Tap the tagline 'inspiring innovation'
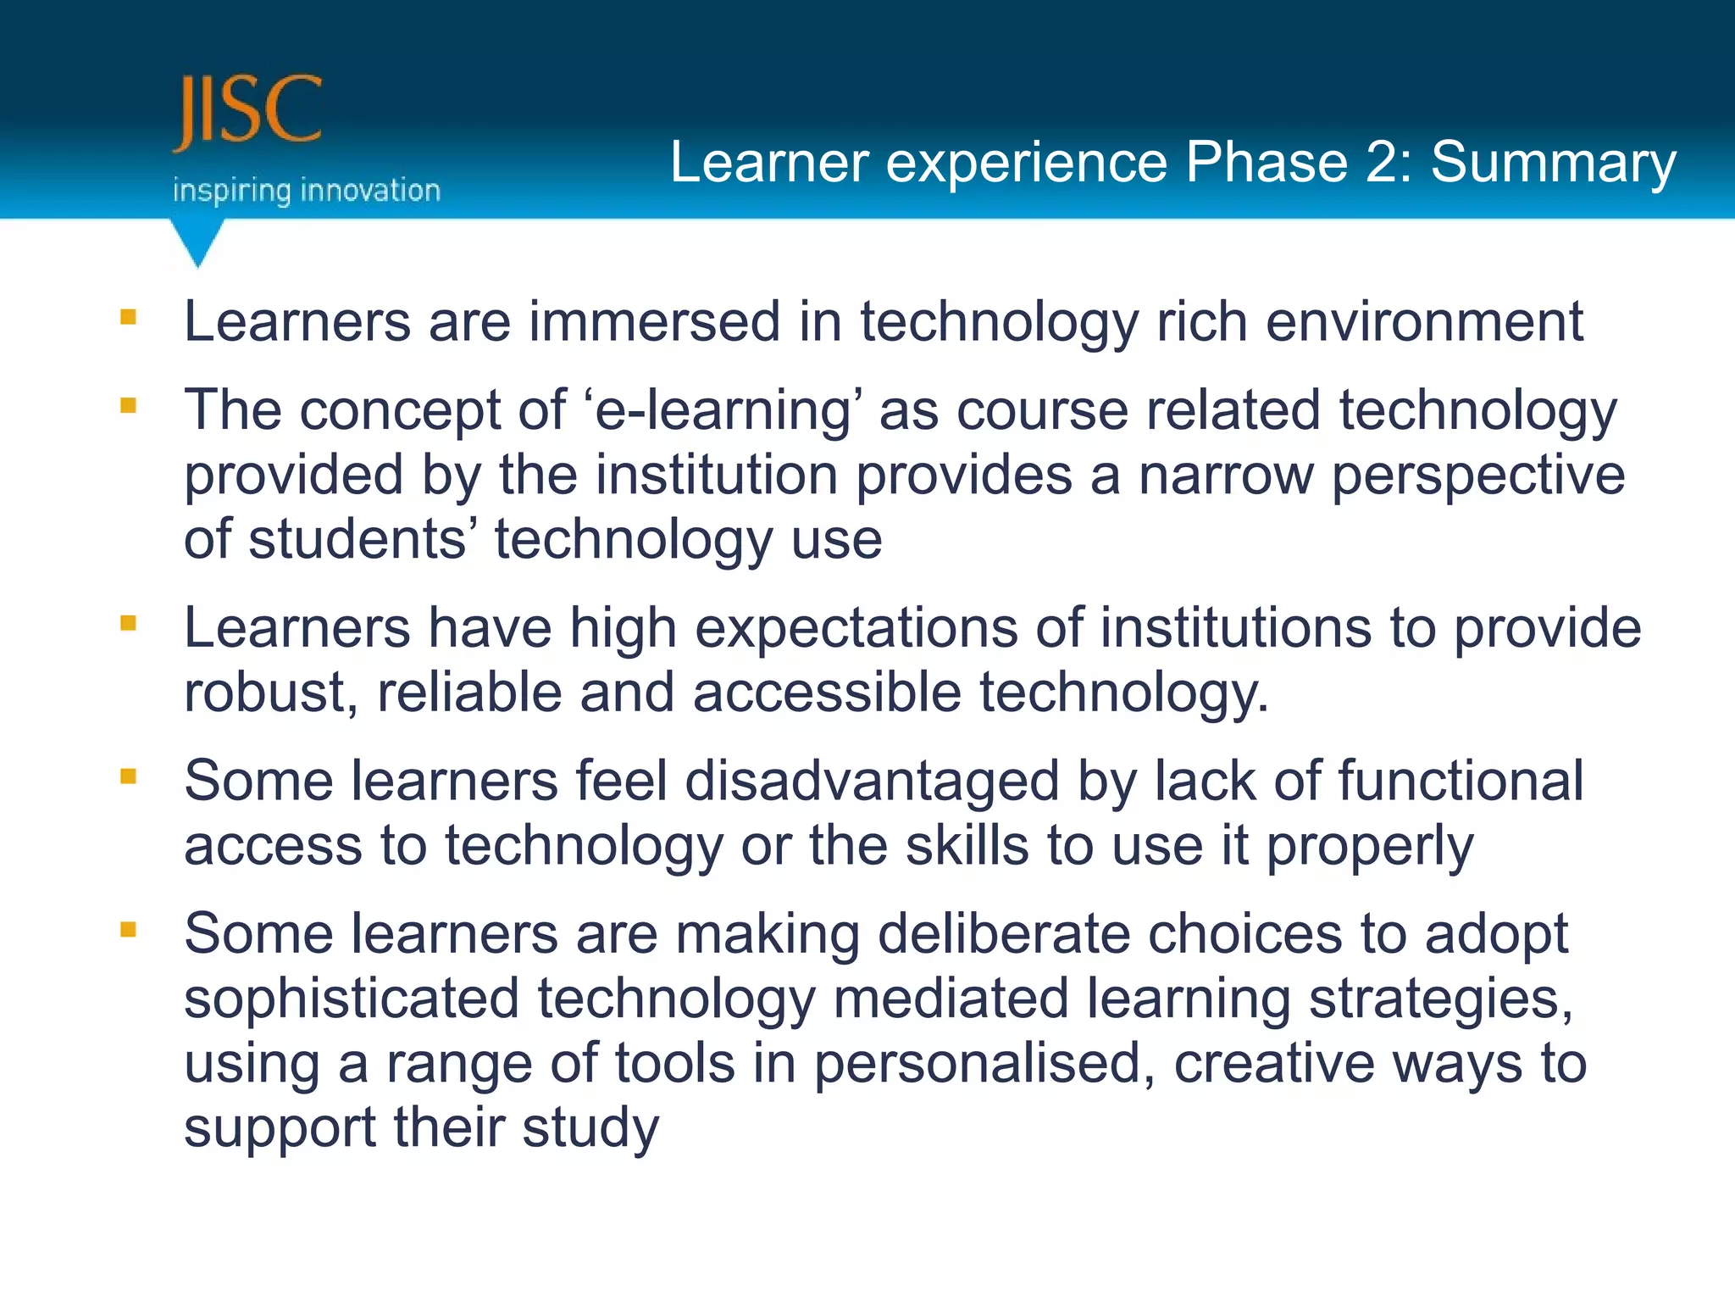[x=307, y=191]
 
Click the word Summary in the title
[x=1553, y=164]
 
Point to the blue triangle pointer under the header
[x=197, y=242]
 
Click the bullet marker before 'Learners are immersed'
[x=129, y=318]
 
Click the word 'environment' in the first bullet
[x=1423, y=322]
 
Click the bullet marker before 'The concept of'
[x=129, y=406]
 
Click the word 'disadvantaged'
[x=871, y=782]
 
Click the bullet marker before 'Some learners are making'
[x=129, y=930]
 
